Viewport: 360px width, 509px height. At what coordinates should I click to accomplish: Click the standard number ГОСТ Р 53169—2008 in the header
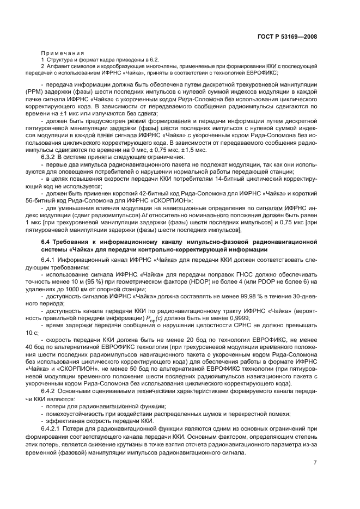click(287, 36)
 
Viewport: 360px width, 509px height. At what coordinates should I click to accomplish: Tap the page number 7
click(315, 463)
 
